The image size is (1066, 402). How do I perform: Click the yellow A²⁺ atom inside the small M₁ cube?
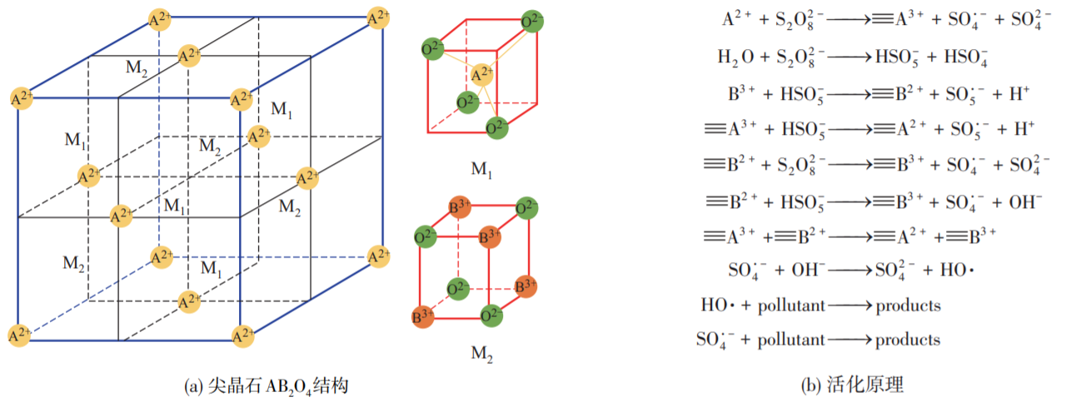481,77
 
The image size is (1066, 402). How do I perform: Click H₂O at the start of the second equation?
737,57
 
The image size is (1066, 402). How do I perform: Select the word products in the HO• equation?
908,305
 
